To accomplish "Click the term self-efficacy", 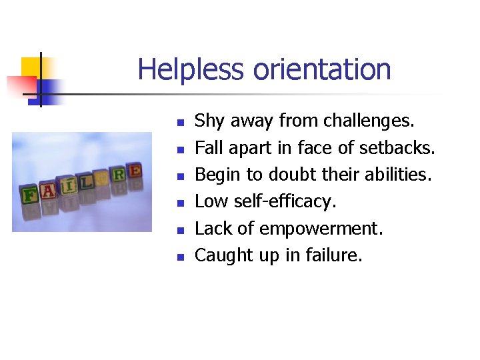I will pyautogui.click(x=286, y=201).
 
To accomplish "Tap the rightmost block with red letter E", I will pyautogui.click(x=134, y=171).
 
